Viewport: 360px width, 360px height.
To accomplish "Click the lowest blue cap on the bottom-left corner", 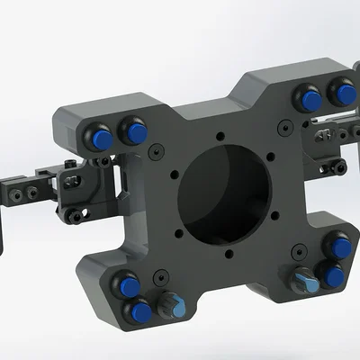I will pos(140,313).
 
